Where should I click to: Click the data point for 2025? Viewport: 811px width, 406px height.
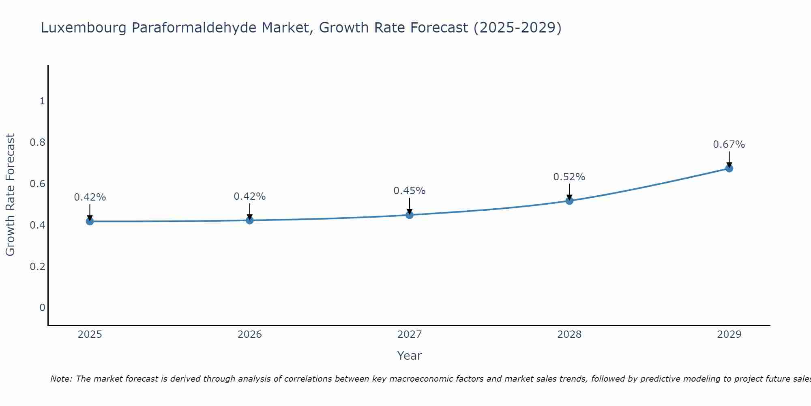pos(90,221)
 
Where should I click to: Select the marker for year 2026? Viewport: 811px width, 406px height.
pos(250,220)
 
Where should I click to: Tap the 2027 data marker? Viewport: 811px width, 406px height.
pos(410,215)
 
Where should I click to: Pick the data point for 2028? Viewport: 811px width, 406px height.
pos(569,201)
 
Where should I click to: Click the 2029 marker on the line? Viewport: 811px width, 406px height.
pos(729,168)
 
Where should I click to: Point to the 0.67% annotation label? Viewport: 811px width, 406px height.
pos(729,145)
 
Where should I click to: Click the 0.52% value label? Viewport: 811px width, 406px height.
pos(569,177)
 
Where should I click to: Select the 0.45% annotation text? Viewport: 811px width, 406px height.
pos(409,191)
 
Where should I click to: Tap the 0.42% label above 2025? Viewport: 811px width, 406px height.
pos(90,197)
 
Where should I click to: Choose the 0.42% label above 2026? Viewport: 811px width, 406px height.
pos(249,197)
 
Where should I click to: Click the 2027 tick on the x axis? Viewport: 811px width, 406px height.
pos(410,335)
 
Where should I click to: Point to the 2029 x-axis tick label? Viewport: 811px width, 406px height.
pos(729,335)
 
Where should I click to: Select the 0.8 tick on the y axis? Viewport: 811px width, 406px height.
pos(37,143)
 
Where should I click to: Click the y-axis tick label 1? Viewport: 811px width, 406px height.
pos(42,101)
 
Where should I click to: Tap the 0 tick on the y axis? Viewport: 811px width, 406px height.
pos(42,308)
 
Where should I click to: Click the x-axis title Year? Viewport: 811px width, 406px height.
pos(409,356)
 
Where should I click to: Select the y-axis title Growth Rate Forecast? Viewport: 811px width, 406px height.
pos(10,195)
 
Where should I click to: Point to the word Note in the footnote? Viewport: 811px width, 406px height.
pos(61,379)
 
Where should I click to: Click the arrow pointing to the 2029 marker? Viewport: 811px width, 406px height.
pos(729,159)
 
